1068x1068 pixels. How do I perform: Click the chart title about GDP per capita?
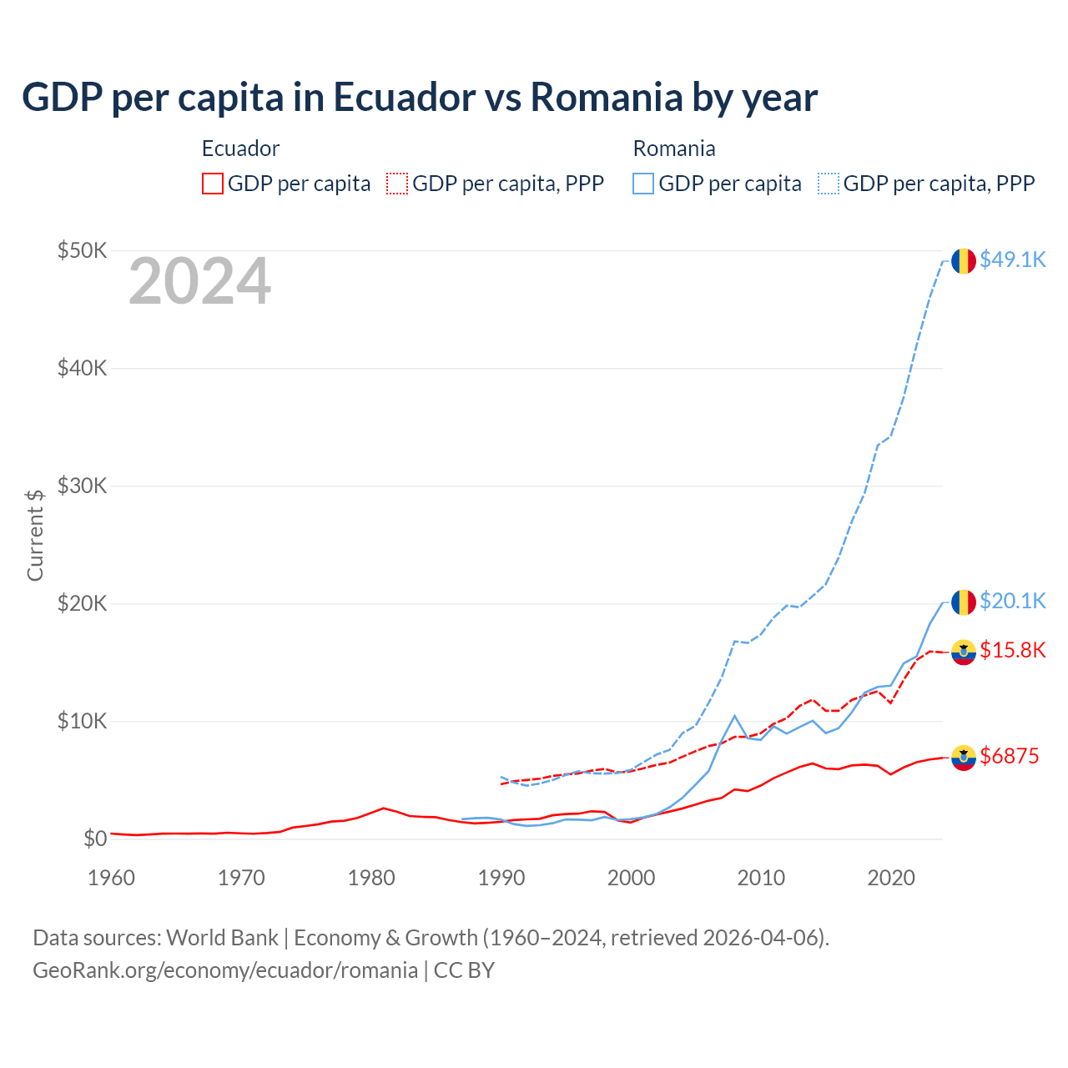tap(420, 98)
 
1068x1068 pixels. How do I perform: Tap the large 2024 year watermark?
tap(199, 282)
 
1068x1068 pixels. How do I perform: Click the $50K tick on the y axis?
tap(82, 250)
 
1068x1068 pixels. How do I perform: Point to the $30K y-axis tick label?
tap(82, 486)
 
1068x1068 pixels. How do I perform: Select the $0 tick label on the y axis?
tap(94, 839)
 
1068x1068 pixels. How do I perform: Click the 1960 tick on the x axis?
tap(111, 878)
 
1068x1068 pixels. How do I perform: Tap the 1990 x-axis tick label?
tap(501, 878)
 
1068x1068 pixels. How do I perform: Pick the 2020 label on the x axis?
tap(891, 878)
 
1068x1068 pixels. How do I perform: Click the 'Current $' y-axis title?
tap(35, 535)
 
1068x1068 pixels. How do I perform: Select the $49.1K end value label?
tap(1012, 260)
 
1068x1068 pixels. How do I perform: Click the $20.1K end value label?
tap(1012, 602)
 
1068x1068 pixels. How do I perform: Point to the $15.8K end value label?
tap(1012, 651)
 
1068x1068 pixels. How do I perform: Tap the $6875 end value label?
tap(1009, 757)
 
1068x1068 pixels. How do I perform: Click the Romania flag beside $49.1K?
tap(964, 261)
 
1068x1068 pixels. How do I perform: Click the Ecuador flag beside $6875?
tap(964, 758)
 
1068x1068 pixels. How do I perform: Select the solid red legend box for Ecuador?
tap(213, 184)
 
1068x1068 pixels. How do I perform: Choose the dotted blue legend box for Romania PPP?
tap(829, 184)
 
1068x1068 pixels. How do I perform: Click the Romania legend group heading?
tap(674, 149)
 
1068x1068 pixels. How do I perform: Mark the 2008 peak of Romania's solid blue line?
tap(734, 716)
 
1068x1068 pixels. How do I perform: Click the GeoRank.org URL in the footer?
tap(225, 970)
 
